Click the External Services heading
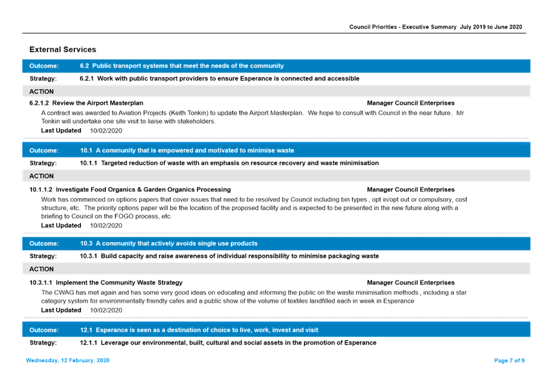[62, 49]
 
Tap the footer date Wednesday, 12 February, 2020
[67, 361]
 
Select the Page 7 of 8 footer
[509, 361]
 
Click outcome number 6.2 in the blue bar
[84, 66]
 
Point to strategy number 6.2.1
[86, 79]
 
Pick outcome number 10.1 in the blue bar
[86, 151]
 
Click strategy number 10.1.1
[89, 163]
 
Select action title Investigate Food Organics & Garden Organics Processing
[143, 189]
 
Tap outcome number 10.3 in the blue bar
[86, 243]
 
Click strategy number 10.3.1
[89, 256]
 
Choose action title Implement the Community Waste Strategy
[119, 283]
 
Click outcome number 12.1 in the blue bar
[86, 330]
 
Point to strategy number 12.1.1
[89, 343]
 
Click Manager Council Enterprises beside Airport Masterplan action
[410, 104]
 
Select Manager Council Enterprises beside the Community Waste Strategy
[410, 283]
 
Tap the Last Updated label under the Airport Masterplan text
[61, 130]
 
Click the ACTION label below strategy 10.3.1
[42, 269]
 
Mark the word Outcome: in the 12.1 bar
[44, 330]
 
